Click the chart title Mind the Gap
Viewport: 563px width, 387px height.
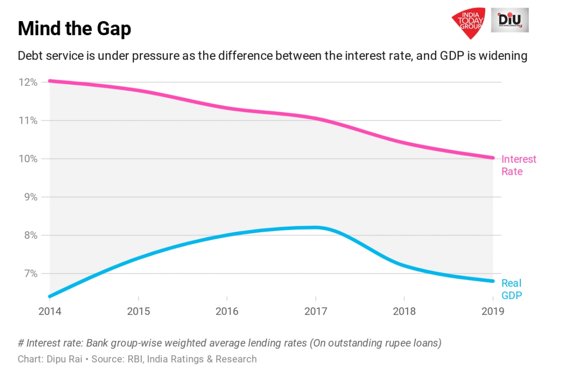click(x=74, y=29)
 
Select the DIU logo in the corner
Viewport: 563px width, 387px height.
click(x=510, y=20)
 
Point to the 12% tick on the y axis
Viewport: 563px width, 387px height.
click(x=28, y=83)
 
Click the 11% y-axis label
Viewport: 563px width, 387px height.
click(x=28, y=121)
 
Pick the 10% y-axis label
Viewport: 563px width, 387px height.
click(x=28, y=159)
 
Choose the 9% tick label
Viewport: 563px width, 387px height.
click(x=30, y=197)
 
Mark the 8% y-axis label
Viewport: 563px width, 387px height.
click(x=30, y=235)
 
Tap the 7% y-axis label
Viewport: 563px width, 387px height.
click(x=30, y=273)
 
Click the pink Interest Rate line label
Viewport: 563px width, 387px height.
click(x=518, y=165)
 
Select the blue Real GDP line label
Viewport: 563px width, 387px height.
click(x=511, y=289)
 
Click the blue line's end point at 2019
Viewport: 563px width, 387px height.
click(x=493, y=281)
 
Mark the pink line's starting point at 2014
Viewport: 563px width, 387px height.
click(x=49, y=81)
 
